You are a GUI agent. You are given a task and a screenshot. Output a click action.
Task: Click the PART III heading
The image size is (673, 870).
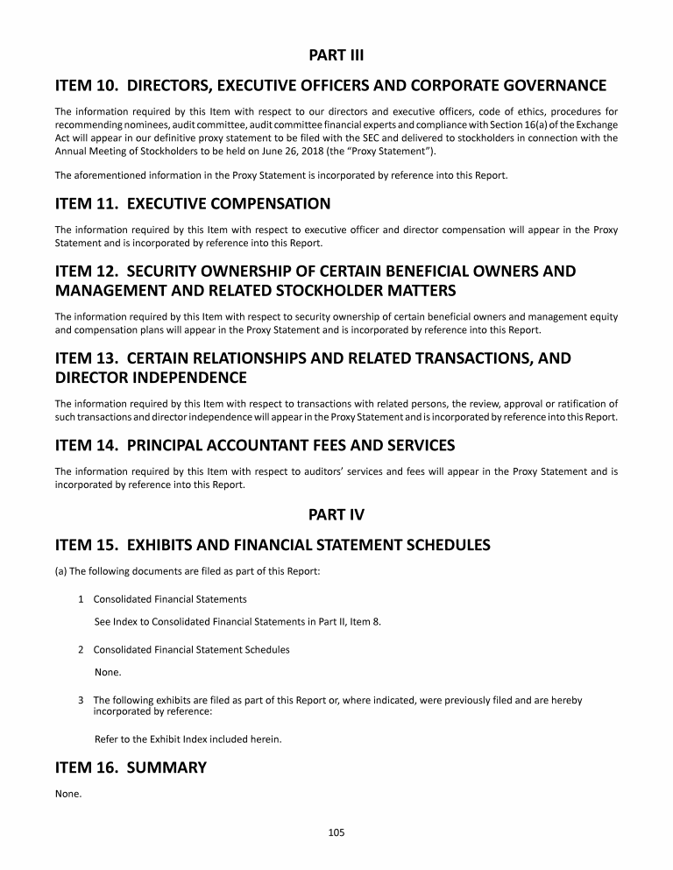(x=336, y=56)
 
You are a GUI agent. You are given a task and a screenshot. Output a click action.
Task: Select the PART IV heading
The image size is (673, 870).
(x=336, y=515)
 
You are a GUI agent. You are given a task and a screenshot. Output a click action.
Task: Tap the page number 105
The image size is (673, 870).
(x=336, y=833)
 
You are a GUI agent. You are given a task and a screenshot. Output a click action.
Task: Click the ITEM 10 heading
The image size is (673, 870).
(x=330, y=86)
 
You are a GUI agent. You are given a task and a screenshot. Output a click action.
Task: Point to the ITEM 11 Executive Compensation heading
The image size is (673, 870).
(x=193, y=204)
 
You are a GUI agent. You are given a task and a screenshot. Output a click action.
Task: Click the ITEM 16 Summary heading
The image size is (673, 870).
(x=131, y=767)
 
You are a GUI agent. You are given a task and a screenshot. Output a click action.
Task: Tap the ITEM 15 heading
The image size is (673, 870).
(x=273, y=545)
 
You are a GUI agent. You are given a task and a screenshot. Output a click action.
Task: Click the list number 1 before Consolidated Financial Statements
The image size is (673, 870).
(x=81, y=599)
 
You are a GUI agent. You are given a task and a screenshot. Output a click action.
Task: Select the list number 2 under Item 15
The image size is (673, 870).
(x=81, y=650)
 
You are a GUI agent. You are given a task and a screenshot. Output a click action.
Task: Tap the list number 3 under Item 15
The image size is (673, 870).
(x=81, y=700)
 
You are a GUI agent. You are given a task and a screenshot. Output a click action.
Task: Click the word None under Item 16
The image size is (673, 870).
(x=67, y=795)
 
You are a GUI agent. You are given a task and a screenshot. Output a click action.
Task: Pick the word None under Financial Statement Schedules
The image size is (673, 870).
(x=107, y=673)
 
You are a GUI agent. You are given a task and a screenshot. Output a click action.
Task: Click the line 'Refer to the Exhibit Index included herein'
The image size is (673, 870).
(x=188, y=739)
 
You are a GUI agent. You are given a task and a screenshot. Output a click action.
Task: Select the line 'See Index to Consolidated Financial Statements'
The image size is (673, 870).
(x=237, y=622)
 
